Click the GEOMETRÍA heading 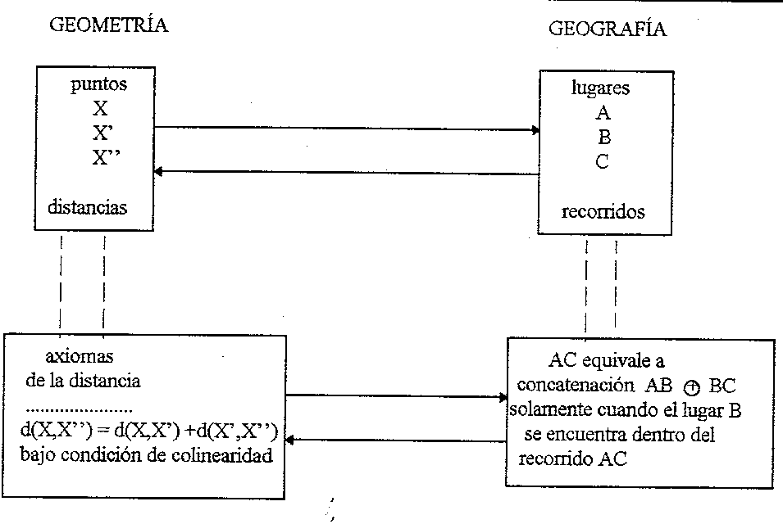pyautogui.click(x=109, y=25)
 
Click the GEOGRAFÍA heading pyautogui.click(x=607, y=30)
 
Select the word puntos pyautogui.click(x=99, y=84)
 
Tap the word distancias pyautogui.click(x=88, y=207)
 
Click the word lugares pyautogui.click(x=601, y=88)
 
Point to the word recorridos pyautogui.click(x=603, y=212)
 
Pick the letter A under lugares pyautogui.click(x=603, y=114)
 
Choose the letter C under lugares pyautogui.click(x=603, y=161)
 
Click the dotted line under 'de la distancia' pyautogui.click(x=80, y=407)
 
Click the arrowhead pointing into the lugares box pyautogui.click(x=536, y=129)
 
